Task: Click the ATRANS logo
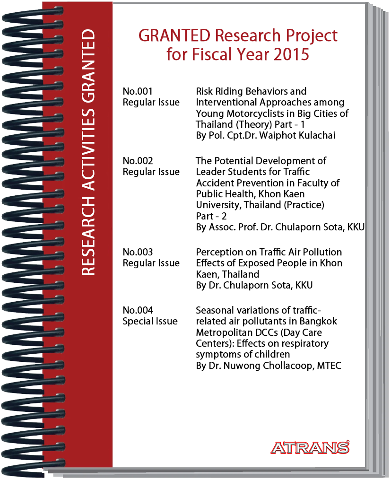310,447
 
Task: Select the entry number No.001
138,91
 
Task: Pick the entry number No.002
138,161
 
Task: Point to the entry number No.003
138,252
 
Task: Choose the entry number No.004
138,310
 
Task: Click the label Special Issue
150,321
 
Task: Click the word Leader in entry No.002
210,172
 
